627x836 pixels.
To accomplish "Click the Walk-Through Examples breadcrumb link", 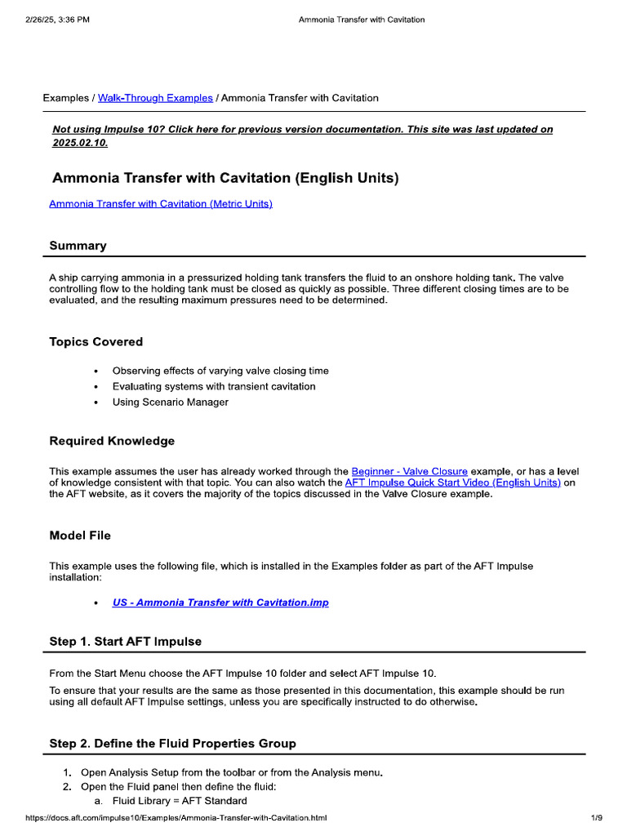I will coord(155,98).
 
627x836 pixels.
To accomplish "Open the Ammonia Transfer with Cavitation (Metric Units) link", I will coord(160,203).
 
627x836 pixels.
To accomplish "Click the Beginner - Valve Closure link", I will coord(409,471).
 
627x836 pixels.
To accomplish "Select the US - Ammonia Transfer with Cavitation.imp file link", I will coord(220,603).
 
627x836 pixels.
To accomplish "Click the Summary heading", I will coord(78,246).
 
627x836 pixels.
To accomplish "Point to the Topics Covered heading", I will coord(96,342).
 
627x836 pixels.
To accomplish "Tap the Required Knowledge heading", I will coord(112,441).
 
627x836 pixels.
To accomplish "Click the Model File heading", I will coord(80,536).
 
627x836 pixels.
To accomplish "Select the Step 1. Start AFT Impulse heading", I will coord(125,642).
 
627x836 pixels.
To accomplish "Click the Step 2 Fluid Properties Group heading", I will coord(172,743).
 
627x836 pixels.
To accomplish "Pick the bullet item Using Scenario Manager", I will coord(170,402).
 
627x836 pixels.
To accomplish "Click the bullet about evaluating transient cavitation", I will coord(213,386).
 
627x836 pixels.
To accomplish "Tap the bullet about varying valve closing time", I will coord(220,371).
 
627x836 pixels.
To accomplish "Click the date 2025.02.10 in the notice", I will coord(79,143).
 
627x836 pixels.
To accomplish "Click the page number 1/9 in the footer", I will coord(596,817).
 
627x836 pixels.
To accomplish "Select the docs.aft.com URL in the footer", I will coord(176,817).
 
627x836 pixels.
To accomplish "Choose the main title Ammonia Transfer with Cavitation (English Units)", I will coord(225,177).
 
